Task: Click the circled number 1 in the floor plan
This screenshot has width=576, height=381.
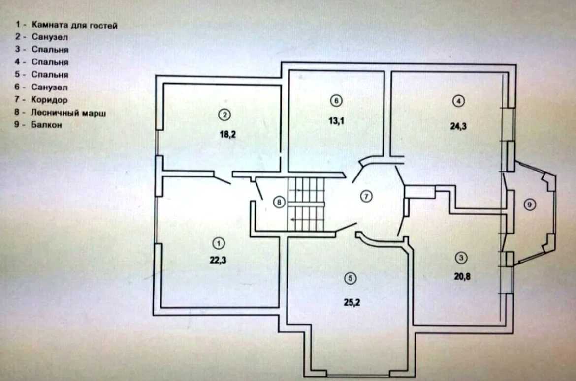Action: tap(219, 243)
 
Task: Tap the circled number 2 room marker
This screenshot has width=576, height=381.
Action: tap(224, 115)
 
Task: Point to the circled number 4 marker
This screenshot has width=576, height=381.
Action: tap(458, 101)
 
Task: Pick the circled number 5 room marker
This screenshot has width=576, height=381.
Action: tap(350, 278)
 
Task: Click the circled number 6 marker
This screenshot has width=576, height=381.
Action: tap(336, 101)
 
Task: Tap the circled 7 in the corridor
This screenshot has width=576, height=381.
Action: tap(366, 197)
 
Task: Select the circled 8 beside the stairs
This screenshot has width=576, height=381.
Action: tap(279, 202)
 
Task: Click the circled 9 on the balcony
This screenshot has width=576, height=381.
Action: tap(529, 204)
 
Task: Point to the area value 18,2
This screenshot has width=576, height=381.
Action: tap(228, 134)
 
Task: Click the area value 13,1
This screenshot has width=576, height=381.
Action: tap(336, 120)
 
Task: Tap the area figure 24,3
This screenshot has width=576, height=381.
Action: tap(458, 126)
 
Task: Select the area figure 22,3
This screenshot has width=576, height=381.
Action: tap(218, 260)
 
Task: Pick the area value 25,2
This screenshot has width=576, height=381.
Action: tap(352, 302)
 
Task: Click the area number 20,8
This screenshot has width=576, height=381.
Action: tap(462, 276)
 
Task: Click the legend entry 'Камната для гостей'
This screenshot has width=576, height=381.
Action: tap(74, 25)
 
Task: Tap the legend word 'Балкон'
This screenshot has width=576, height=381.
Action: tap(46, 125)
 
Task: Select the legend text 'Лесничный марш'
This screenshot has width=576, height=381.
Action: tap(68, 112)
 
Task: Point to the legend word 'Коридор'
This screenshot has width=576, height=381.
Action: tap(49, 100)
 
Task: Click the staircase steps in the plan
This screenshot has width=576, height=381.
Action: tap(306, 204)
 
